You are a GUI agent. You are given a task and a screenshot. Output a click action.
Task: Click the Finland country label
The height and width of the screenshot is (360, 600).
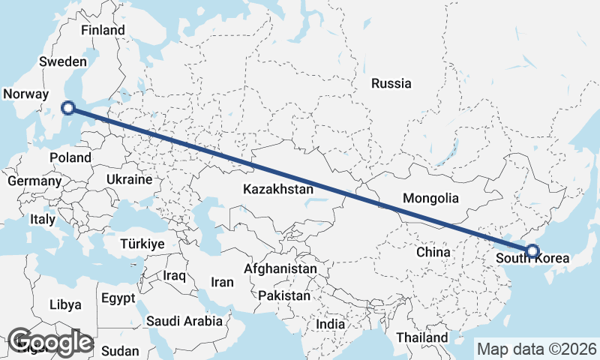(x=103, y=31)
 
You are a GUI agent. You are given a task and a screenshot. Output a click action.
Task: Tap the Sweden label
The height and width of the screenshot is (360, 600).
(x=64, y=62)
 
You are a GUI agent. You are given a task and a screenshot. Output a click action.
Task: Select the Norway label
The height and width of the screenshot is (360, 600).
(x=26, y=94)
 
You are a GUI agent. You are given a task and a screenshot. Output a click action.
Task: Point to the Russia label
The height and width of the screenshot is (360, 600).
(x=391, y=83)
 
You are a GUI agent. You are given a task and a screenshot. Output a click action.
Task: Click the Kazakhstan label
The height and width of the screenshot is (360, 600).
(x=277, y=190)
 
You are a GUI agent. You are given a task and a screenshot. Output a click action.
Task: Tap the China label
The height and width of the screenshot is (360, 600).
(x=433, y=252)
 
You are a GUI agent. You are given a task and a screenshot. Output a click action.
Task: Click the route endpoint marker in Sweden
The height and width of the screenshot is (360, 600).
(x=68, y=108)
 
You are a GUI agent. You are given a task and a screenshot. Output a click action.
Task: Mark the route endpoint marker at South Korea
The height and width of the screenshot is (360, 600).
(x=532, y=250)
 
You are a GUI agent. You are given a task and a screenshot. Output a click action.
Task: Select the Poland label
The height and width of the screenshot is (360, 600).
(x=70, y=158)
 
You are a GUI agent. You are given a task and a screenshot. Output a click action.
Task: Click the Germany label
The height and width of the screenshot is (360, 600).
(x=34, y=181)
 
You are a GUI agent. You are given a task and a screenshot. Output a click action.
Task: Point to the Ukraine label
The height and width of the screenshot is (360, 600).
(x=129, y=181)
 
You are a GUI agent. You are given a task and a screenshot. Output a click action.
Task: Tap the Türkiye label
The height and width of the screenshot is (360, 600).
(x=142, y=244)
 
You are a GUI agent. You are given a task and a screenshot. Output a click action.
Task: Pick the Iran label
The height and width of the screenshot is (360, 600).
(x=223, y=283)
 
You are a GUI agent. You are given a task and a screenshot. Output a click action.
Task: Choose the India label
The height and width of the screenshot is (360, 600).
(x=331, y=325)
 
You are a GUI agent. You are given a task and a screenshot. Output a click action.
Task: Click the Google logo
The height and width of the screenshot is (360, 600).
(x=50, y=342)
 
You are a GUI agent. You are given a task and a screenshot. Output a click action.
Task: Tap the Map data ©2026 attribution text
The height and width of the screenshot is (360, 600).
(x=536, y=349)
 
